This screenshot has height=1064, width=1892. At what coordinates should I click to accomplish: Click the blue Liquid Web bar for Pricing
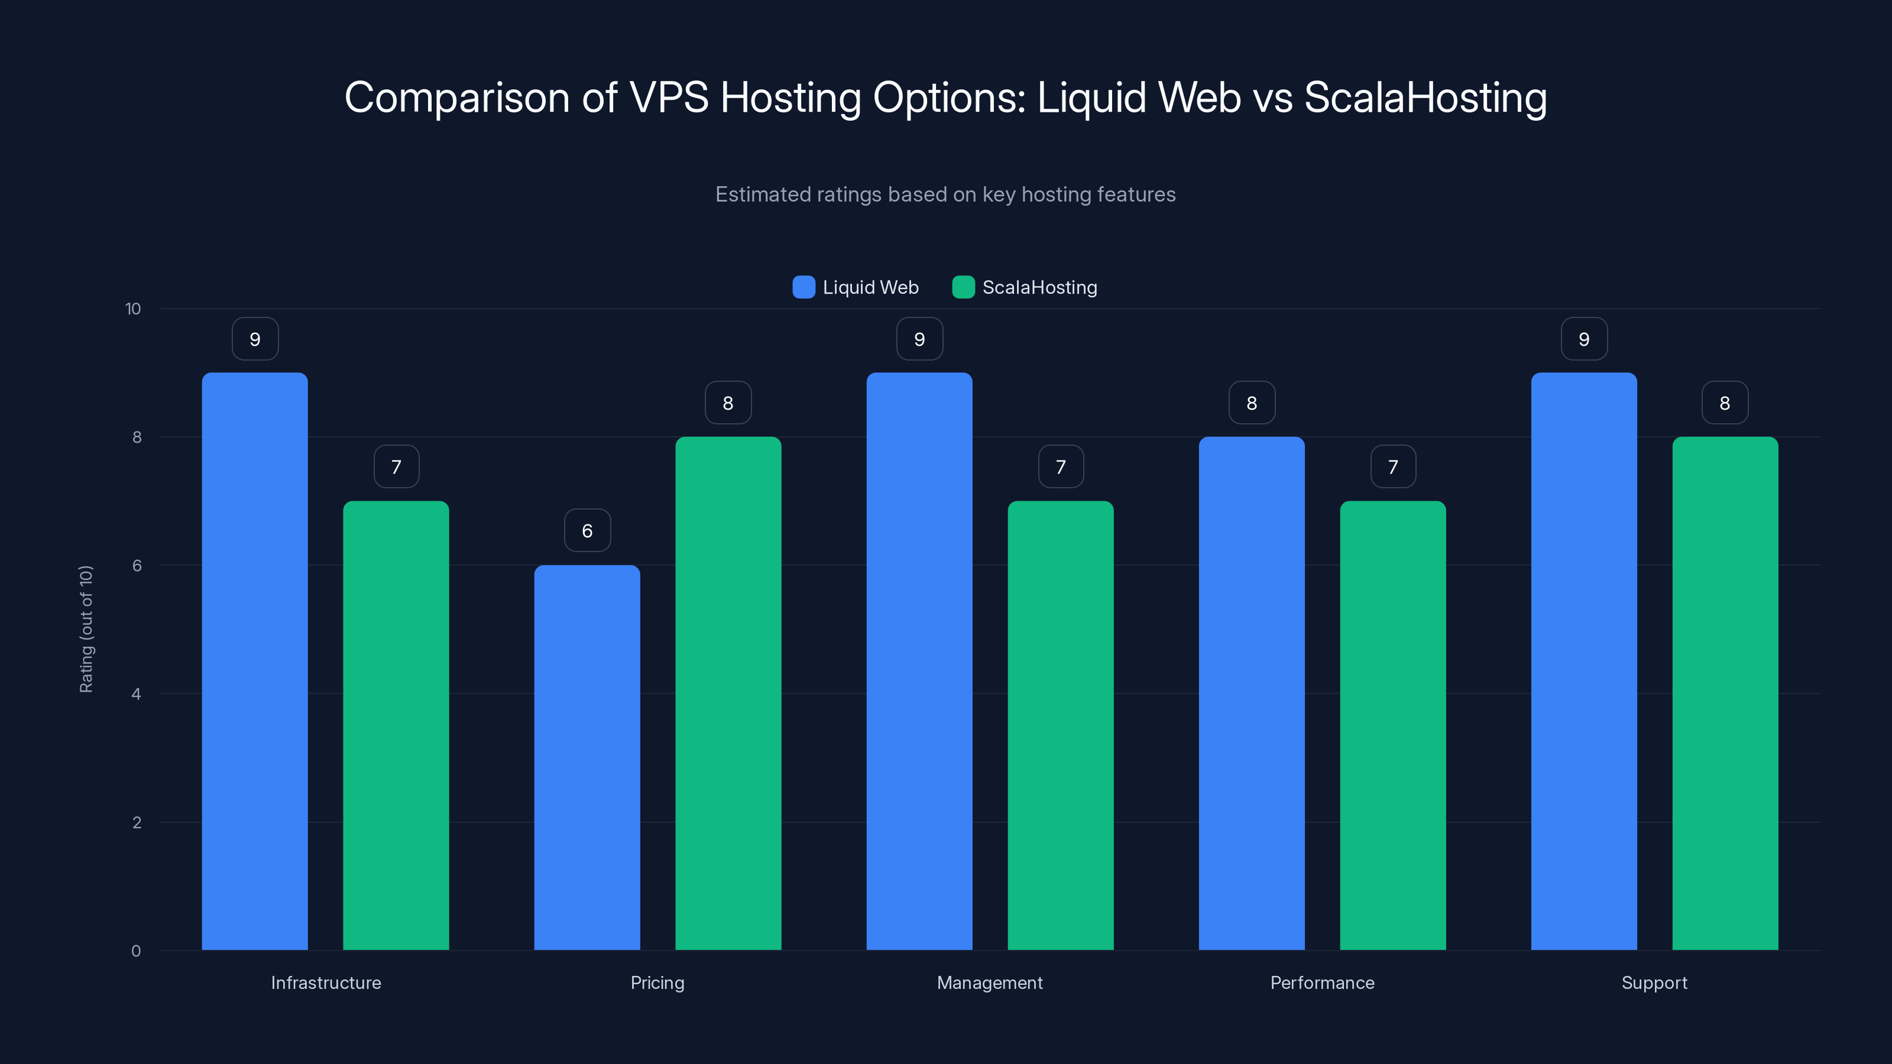tap(587, 757)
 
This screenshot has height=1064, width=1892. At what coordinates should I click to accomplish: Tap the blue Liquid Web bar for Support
tap(1583, 661)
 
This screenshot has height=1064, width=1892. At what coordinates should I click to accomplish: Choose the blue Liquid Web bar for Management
tap(919, 661)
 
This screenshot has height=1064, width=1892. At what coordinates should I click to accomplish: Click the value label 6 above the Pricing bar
tap(587, 530)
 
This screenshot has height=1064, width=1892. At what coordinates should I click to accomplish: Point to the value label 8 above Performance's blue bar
tap(1252, 403)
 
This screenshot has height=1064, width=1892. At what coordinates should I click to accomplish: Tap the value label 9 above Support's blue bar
tap(1583, 339)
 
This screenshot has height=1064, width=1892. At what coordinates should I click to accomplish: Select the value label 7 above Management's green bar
tap(1061, 466)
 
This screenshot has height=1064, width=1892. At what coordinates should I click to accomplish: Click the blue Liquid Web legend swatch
tap(804, 287)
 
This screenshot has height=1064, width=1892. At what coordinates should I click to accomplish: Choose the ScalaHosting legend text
tap(1039, 287)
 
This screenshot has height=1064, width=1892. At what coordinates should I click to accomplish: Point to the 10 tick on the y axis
tap(133, 309)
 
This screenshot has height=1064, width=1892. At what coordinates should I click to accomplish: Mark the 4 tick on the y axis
tap(136, 694)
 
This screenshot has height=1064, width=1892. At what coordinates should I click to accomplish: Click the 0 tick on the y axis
tap(136, 951)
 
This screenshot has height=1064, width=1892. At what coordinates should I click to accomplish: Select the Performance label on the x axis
tap(1322, 982)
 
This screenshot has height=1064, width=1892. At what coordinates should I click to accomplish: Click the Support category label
tap(1654, 982)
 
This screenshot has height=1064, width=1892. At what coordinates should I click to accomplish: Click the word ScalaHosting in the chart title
tap(1425, 97)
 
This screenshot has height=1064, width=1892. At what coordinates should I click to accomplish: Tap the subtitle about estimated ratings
tap(945, 194)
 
